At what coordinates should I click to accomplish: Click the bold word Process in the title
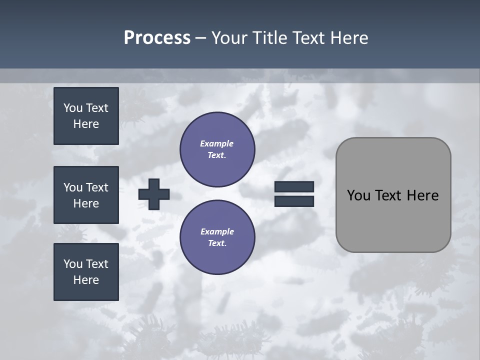[x=157, y=38]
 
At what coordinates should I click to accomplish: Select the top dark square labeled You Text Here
[x=86, y=116]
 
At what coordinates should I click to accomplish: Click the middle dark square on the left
[x=86, y=195]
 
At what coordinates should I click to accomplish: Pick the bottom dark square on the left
[x=86, y=272]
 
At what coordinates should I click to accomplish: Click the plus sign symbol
[x=154, y=194]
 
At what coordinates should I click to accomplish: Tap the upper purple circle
[x=217, y=149]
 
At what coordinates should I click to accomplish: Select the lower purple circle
[x=217, y=237]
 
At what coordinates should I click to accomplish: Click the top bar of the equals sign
[x=294, y=187]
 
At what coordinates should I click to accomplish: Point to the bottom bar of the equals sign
[x=294, y=201]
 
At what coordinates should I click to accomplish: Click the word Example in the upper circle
[x=217, y=143]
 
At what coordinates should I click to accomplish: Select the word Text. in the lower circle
[x=217, y=243]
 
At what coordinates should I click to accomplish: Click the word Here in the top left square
[x=86, y=124]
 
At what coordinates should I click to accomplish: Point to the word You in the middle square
[x=72, y=187]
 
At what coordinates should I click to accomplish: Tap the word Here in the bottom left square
[x=86, y=280]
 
